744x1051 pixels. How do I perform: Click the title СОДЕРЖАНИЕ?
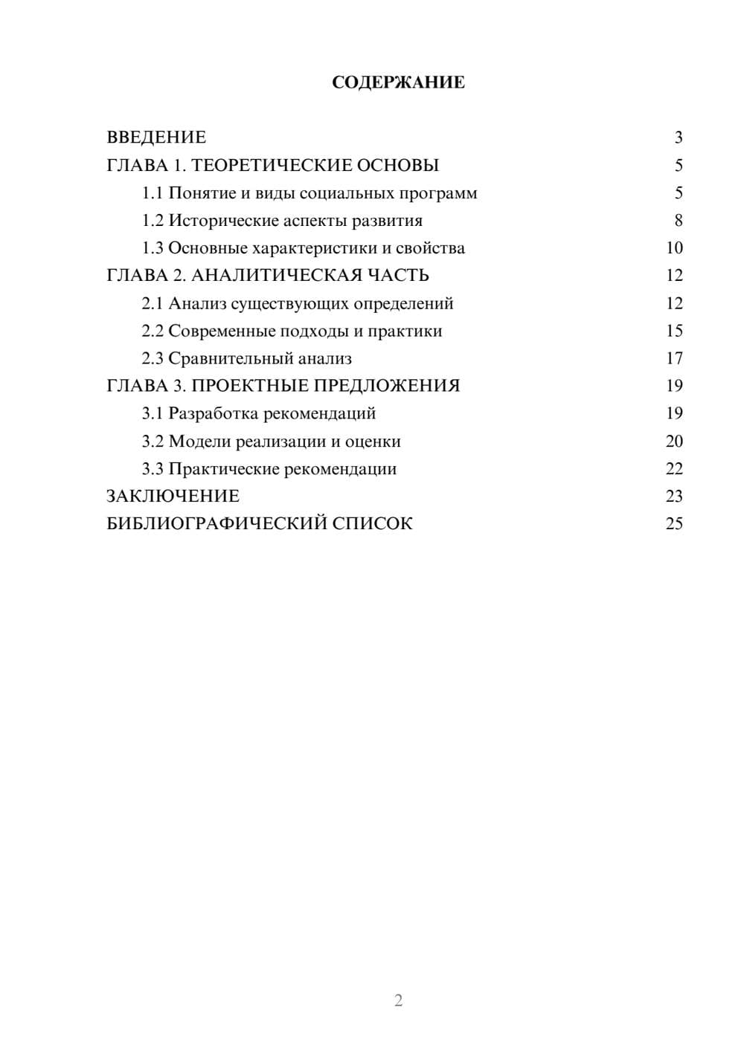coord(398,83)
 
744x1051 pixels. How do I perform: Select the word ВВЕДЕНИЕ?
coord(156,138)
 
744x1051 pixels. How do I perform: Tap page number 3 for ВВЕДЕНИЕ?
coord(678,138)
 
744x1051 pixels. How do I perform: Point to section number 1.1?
coord(153,193)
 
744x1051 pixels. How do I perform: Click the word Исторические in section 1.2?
coord(217,221)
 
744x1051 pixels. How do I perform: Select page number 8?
coord(678,221)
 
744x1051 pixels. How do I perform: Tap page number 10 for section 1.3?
coord(674,248)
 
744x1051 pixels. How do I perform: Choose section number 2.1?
coord(153,303)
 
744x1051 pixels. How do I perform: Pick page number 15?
coord(674,331)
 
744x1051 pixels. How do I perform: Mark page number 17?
coord(674,358)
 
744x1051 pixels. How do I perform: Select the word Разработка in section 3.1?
coord(214,413)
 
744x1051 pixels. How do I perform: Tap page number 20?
coord(674,442)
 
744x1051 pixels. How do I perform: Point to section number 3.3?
coord(153,469)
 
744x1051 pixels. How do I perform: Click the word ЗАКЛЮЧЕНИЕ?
coord(173,497)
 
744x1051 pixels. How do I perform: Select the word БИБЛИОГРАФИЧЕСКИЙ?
coord(217,524)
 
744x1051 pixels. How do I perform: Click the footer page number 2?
coord(398,1000)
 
